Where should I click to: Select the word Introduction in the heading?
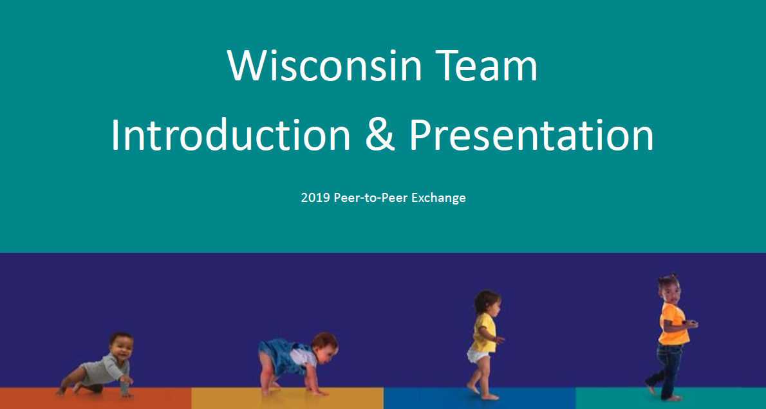coord(230,135)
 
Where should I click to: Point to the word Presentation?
coord(531,135)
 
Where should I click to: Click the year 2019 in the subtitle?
coord(315,198)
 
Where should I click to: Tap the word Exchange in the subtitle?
coord(438,198)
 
